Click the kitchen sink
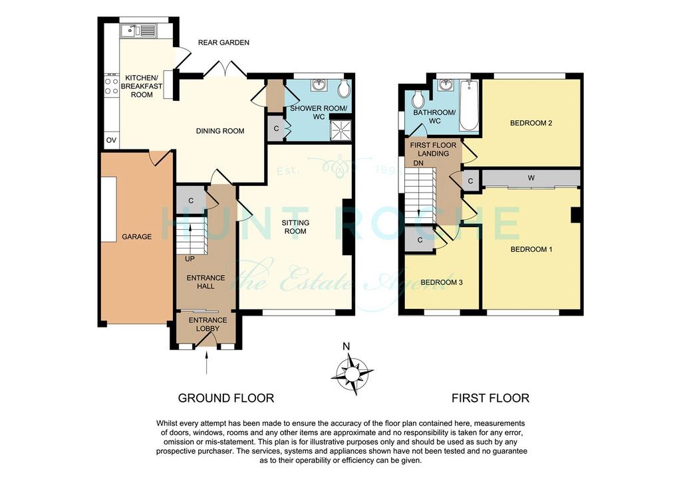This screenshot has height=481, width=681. (x=139, y=31)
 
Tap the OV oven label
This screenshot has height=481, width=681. (x=112, y=140)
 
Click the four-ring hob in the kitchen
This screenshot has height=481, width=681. (x=112, y=86)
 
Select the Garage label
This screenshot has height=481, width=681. (x=137, y=237)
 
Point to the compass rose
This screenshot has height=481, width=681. (x=352, y=373)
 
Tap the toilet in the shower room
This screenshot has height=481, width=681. (x=344, y=88)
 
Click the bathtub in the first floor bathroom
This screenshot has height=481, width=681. (x=469, y=105)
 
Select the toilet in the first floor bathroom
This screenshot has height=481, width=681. (x=418, y=100)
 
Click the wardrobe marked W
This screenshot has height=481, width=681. (x=531, y=178)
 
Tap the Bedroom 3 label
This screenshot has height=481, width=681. (x=442, y=282)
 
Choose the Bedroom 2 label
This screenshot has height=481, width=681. (x=531, y=123)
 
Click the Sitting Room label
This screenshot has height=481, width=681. (x=295, y=227)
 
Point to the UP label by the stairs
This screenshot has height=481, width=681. (x=190, y=259)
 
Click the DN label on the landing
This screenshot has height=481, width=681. (x=418, y=163)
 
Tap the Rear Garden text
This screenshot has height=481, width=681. (x=223, y=43)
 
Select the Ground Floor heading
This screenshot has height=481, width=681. (x=226, y=398)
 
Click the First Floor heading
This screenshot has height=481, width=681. (x=490, y=398)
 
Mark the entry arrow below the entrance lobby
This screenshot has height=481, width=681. (x=206, y=363)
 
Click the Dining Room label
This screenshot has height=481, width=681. (x=220, y=131)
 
